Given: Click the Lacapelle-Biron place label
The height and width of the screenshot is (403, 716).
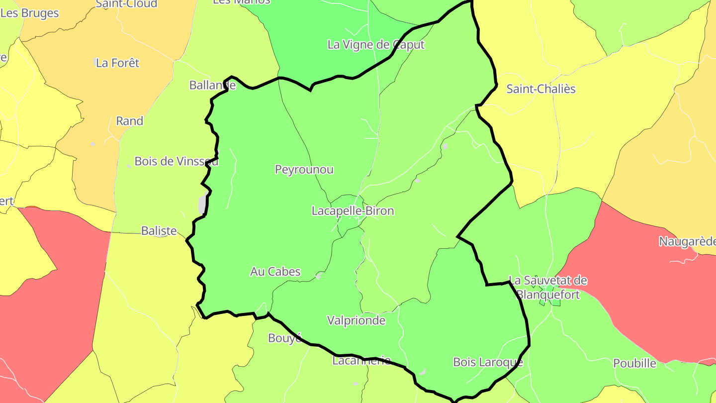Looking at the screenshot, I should point(353,211).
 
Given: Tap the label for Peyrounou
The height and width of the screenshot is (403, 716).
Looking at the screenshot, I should point(304,170).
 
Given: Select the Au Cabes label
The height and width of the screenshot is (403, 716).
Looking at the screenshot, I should point(275,272).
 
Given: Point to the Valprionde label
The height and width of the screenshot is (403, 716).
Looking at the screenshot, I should point(356,320).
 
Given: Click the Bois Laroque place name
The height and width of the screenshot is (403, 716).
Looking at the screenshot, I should point(488,362).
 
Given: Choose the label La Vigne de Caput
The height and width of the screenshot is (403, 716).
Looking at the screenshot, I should point(376,45).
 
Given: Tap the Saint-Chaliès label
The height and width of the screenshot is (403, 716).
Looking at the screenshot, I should point(541,89).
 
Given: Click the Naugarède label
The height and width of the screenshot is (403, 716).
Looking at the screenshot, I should point(687,242).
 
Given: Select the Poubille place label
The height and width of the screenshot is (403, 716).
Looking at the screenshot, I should point(634,363).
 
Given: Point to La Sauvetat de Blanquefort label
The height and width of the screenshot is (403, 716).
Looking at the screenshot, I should point(548,288).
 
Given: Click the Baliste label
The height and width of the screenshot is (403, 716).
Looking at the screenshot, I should point(159,231).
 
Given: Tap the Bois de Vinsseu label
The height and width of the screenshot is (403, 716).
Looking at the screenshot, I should point(177,161).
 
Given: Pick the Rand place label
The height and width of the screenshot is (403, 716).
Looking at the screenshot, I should point(129,121).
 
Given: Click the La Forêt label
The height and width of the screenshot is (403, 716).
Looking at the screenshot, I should point(118,63).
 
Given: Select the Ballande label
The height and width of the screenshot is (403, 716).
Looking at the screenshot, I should point(212,85).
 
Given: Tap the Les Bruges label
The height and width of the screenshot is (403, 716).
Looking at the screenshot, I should point(30,13).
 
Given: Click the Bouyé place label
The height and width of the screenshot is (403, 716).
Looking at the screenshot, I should point(285,338).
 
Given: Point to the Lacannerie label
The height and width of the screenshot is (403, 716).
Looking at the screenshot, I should point(361,361).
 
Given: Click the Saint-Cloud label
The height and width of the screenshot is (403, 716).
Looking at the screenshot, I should point(126,4).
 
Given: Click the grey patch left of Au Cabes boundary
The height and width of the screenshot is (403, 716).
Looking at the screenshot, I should point(202,204).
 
